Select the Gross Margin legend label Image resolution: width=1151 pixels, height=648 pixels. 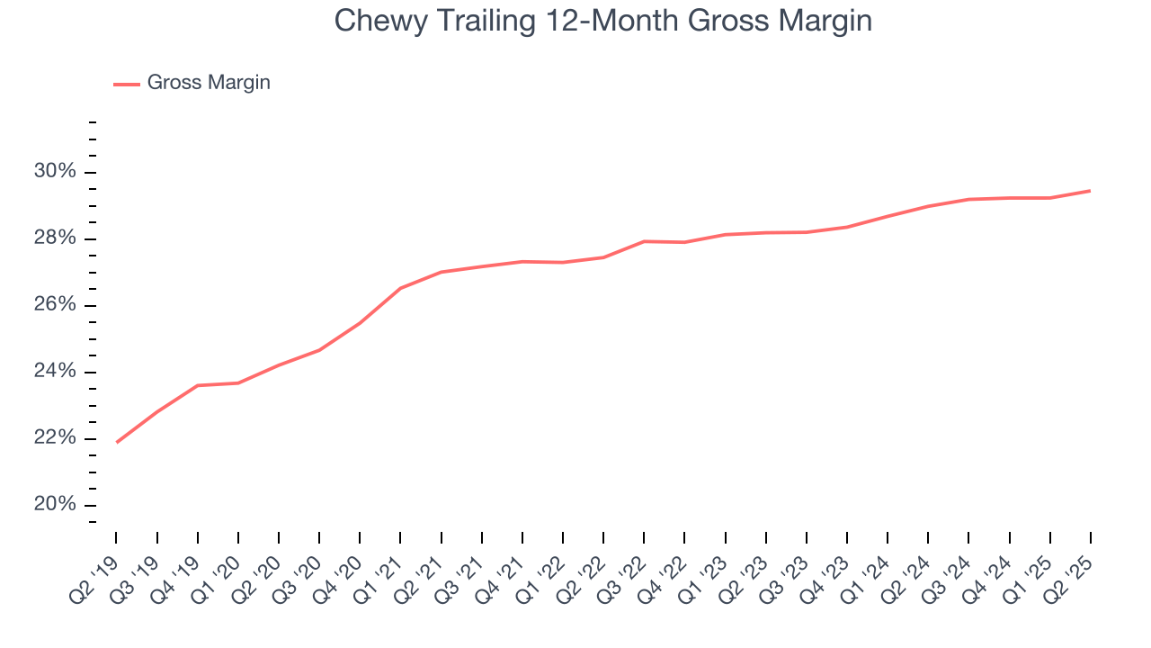pos(209,83)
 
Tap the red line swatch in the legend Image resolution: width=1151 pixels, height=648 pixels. pos(126,84)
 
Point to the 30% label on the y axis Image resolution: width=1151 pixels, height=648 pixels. pos(55,172)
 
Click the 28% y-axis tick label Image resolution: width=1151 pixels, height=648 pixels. pos(55,238)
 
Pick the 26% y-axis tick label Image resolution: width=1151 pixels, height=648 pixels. pos(55,305)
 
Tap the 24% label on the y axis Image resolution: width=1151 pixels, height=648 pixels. pos(55,372)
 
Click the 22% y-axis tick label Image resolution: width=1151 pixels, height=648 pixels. pos(55,438)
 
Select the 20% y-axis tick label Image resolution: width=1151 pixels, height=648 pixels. pos(55,505)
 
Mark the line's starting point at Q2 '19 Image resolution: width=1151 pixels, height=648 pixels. pos(117,442)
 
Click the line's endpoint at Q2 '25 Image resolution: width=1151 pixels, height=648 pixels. pos(1090,191)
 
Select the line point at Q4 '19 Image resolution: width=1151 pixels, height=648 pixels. pos(198,385)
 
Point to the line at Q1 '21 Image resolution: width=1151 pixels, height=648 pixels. pos(400,288)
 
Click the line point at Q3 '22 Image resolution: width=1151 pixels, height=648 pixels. pos(644,241)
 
